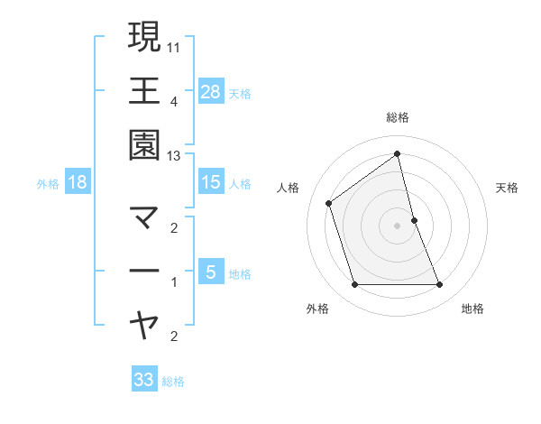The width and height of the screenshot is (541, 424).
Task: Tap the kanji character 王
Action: click(x=144, y=91)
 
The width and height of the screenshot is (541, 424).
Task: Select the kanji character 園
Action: click(x=144, y=146)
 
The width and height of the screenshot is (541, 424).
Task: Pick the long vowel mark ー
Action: click(x=144, y=271)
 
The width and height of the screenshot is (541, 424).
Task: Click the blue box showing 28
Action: click(x=211, y=91)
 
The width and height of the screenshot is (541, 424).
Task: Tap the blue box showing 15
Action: click(x=211, y=182)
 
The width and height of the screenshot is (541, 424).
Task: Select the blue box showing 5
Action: click(x=211, y=272)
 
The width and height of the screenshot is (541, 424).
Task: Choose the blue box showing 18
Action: click(x=78, y=182)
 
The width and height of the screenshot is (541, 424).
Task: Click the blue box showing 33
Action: click(x=144, y=380)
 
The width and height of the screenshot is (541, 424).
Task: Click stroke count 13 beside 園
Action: click(x=174, y=156)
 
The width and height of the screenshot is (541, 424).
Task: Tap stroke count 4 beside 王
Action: click(x=174, y=101)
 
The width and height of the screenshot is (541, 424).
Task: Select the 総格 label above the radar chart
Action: click(x=398, y=117)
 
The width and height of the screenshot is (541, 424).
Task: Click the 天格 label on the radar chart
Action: click(x=508, y=188)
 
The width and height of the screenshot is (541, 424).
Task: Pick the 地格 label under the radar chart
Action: click(x=472, y=309)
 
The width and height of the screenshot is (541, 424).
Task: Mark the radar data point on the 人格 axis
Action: click(x=329, y=203)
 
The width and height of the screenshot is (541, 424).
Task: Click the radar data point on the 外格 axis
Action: click(x=354, y=285)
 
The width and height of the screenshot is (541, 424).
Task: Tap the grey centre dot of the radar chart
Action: click(x=398, y=226)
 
